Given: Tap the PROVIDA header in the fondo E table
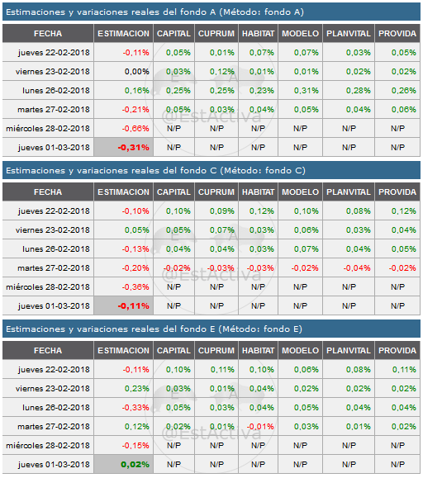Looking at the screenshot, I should coord(397,350).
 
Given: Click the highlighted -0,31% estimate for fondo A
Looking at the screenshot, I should coord(123,147).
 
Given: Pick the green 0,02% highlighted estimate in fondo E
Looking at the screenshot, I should coord(123,464).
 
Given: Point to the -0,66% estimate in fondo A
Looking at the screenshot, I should coord(123,128).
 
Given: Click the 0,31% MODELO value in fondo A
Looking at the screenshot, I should coord(300,90).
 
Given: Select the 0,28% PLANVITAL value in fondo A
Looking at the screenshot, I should coord(347,90).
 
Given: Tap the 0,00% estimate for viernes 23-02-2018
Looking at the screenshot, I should coord(123,71).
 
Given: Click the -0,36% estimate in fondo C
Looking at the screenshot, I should coord(123,286).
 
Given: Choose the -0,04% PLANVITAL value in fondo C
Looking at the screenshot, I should coord(347,267).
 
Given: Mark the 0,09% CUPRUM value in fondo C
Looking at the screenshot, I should coord(216,211).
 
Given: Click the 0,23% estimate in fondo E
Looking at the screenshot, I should coord(123,388).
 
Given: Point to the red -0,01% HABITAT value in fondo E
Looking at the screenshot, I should coord(257,426).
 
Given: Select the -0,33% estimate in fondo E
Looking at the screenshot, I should coord(123,407).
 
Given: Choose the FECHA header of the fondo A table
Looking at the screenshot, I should coord(48,33).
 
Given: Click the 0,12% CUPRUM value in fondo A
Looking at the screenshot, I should coord(216,71).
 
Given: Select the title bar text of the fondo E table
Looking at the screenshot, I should coord(154,329).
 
